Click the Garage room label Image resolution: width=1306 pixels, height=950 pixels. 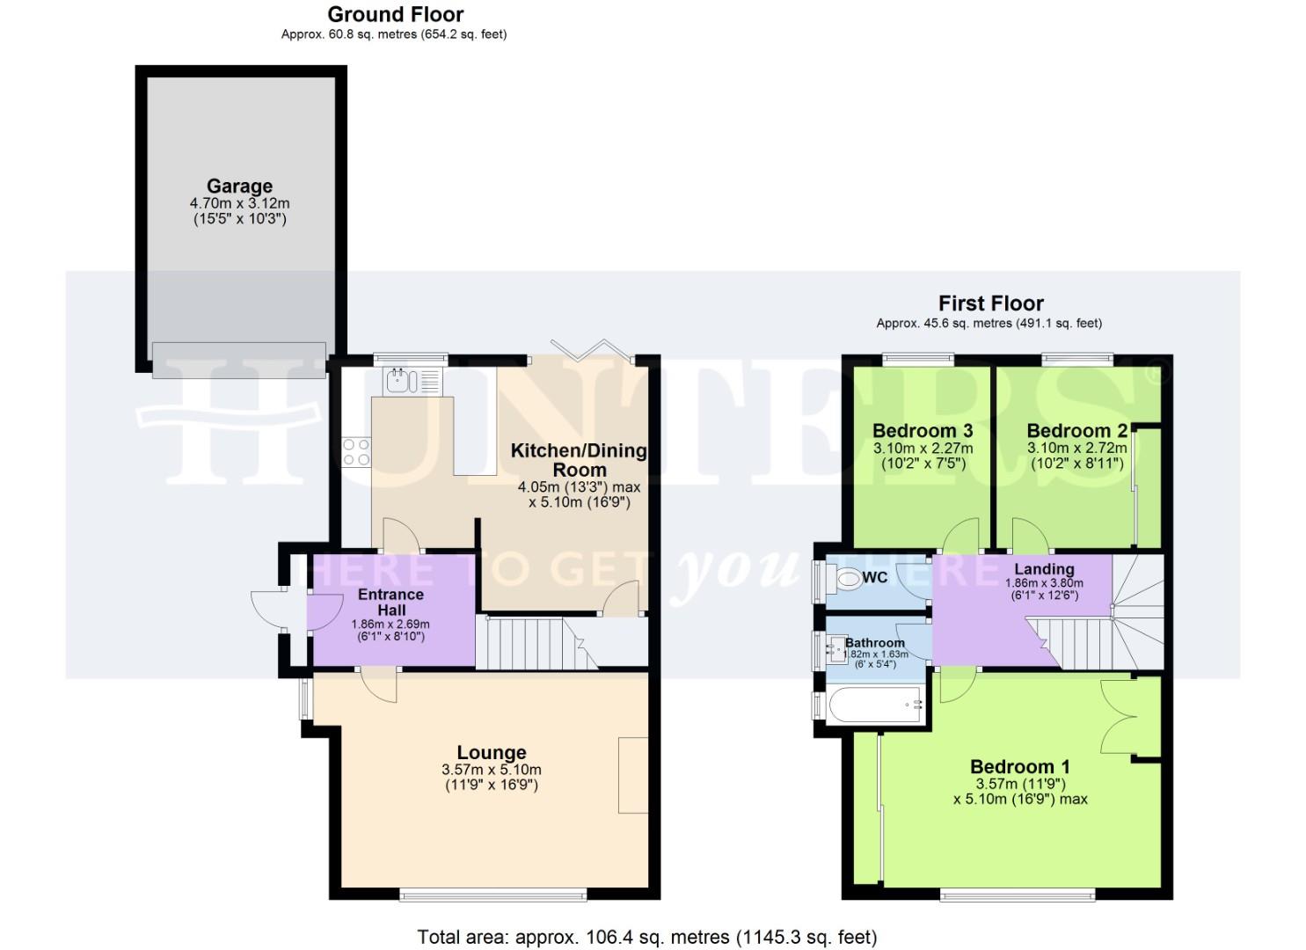pos(239,186)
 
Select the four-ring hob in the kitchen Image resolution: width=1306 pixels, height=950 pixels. pos(356,452)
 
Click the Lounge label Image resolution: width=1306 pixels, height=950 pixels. pos(491,753)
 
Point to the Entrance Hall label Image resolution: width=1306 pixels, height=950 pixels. pos(390,602)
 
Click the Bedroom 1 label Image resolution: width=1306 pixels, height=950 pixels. pos(1019,767)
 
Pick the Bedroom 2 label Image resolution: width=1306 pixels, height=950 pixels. pos(1076,431)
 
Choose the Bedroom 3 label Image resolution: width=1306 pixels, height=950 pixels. pos(922,431)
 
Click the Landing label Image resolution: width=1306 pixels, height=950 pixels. pos(1044,569)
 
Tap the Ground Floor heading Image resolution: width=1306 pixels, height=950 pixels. pos(395,15)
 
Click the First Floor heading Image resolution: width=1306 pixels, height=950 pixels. pos(990,303)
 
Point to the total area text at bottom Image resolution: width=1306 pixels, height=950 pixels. pos(646,937)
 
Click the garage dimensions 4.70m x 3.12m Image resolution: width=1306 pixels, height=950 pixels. pos(239,204)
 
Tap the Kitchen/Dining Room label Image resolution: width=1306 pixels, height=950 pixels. pos(579,460)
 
